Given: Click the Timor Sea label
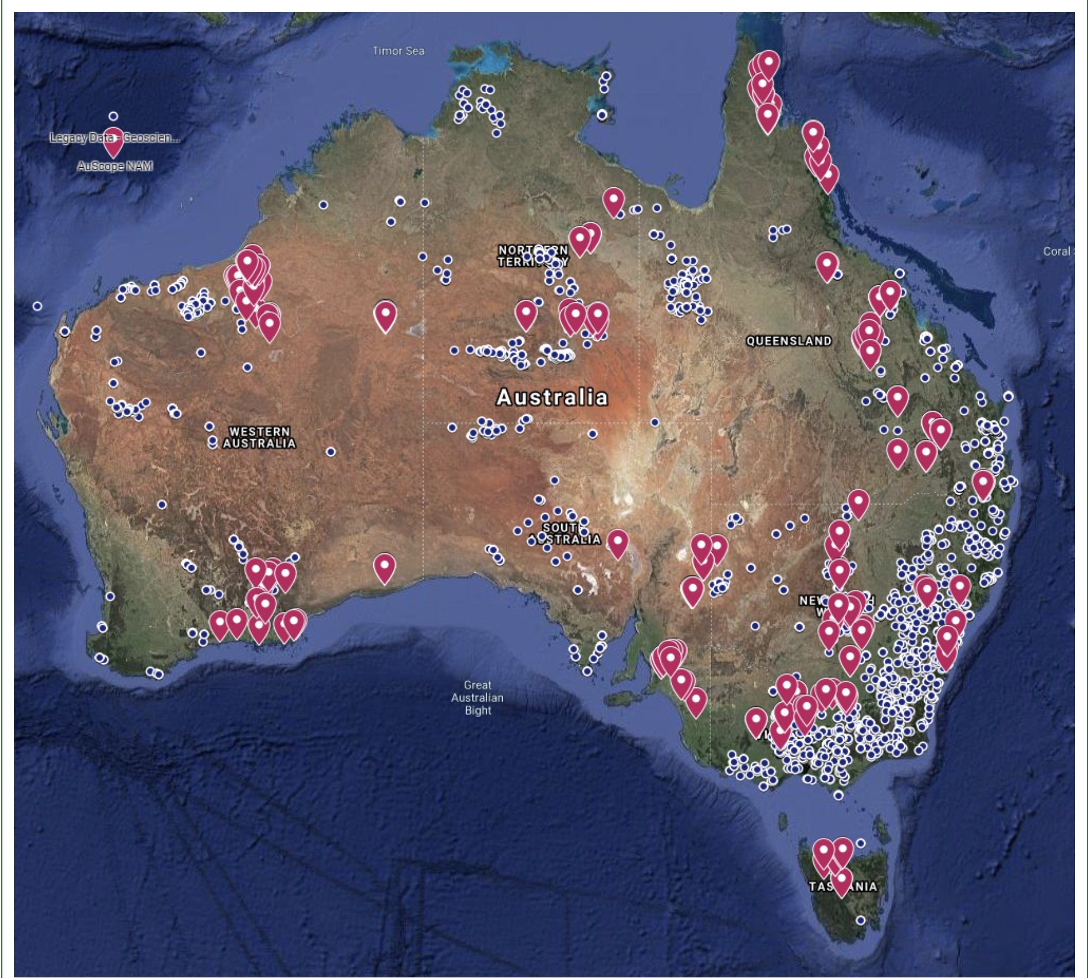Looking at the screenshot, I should [x=398, y=51].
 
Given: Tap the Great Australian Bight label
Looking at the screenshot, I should [x=477, y=697].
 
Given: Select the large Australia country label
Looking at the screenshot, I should [x=552, y=397].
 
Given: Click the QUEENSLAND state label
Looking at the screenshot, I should [x=789, y=341].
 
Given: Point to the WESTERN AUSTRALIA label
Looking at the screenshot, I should [x=259, y=438].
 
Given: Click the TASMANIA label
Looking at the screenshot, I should [x=843, y=886].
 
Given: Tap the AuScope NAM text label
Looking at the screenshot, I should [x=115, y=166].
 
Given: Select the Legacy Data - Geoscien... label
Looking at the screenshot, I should [x=115, y=138].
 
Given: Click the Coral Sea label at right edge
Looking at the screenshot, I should [x=1057, y=251].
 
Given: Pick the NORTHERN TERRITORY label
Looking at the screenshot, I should [x=533, y=256].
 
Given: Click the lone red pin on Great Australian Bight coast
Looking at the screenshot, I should [x=385, y=568].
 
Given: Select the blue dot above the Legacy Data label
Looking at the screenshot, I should [x=113, y=116].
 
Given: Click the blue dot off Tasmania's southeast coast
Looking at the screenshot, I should [x=861, y=920].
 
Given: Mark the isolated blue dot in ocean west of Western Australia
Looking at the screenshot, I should [x=37, y=306].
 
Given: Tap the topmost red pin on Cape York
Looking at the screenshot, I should [x=768, y=63].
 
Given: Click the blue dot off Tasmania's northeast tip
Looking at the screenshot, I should [x=861, y=843].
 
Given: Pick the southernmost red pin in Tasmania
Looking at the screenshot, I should [x=842, y=881].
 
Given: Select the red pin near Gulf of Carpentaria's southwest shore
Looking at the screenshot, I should [x=614, y=201].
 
